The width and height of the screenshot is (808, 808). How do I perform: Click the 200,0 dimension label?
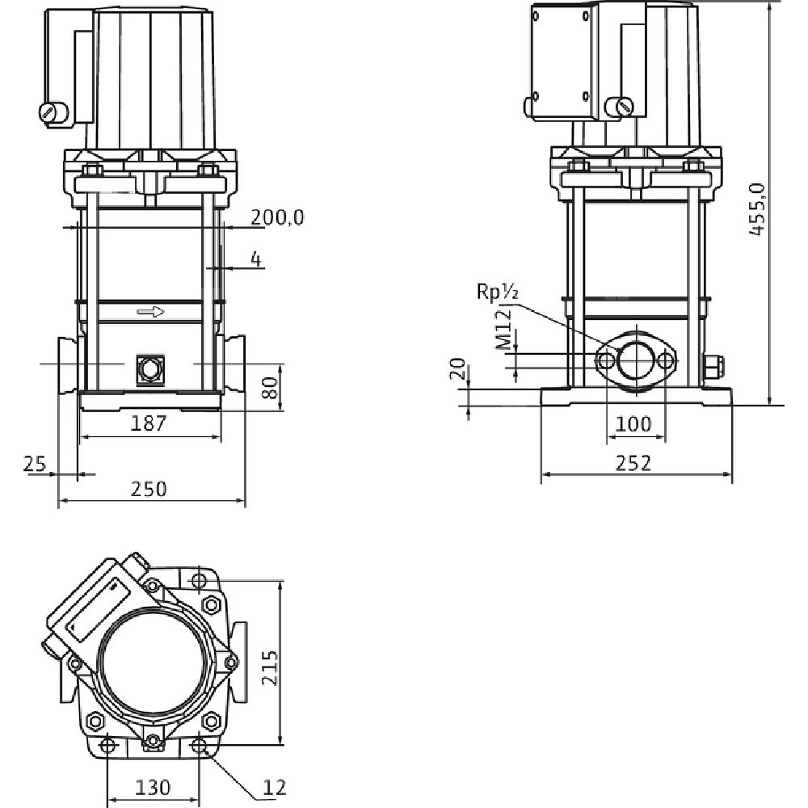click(276, 217)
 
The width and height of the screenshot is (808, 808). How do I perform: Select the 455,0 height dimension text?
click(757, 208)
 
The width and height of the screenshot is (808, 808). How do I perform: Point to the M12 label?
click(503, 330)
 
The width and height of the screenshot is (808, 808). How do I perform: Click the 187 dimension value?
click(149, 423)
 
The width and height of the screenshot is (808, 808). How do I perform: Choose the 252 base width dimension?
click(633, 463)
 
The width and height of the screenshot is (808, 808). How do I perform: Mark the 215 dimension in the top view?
click(271, 667)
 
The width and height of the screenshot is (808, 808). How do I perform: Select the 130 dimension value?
click(153, 786)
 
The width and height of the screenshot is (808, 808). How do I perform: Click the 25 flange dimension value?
click(35, 464)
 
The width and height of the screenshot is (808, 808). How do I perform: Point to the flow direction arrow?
click(151, 312)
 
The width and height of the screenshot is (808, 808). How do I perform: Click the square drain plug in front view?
click(149, 368)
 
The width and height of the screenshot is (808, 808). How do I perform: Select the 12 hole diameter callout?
click(275, 786)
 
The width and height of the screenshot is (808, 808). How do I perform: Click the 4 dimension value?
click(255, 259)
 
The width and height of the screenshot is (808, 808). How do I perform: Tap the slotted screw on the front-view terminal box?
click(51, 112)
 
